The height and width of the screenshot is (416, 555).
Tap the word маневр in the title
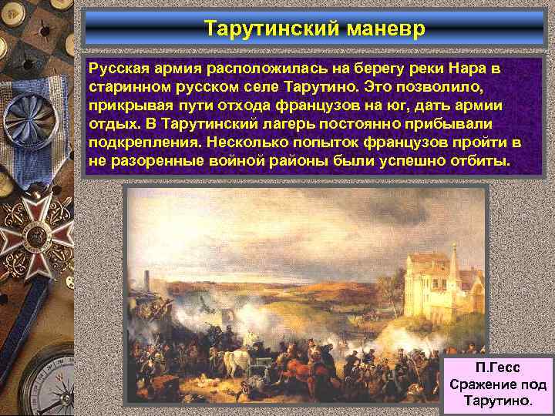[x=379, y=29]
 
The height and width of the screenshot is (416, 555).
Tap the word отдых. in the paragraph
[x=112, y=124]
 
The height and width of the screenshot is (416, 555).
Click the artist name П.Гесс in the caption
[x=498, y=367]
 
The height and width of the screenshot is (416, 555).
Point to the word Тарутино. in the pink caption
[x=498, y=401]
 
